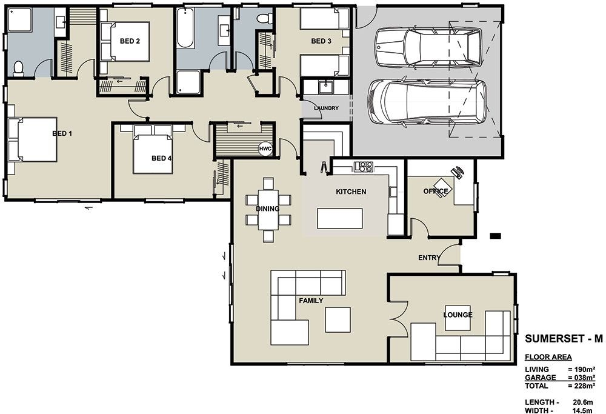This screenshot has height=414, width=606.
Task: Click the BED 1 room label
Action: pos(62,133)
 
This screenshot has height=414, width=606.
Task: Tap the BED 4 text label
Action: pos(161,158)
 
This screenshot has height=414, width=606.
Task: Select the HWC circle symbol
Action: pos(265,149)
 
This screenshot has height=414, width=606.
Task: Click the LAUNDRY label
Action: pos(325,109)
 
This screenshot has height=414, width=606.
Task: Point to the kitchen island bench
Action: pos(339,218)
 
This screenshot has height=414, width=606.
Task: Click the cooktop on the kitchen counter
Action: pos(364,166)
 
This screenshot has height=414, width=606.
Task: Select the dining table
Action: pos(268,209)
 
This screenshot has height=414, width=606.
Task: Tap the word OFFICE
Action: pos(435,192)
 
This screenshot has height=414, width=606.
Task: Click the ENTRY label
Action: pos(429,258)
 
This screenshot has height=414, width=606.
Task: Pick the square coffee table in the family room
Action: pos(338,319)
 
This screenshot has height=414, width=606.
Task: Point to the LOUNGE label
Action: pos(458,315)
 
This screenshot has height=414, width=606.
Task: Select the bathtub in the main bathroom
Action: pos(185,28)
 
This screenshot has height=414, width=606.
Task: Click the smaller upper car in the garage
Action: pos(427,47)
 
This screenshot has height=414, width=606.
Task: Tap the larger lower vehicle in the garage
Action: pos(427,102)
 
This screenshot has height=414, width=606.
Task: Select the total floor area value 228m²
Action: pos(581,386)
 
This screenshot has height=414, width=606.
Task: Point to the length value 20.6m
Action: pos(584,401)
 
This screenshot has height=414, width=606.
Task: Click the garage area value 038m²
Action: pos(581,378)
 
